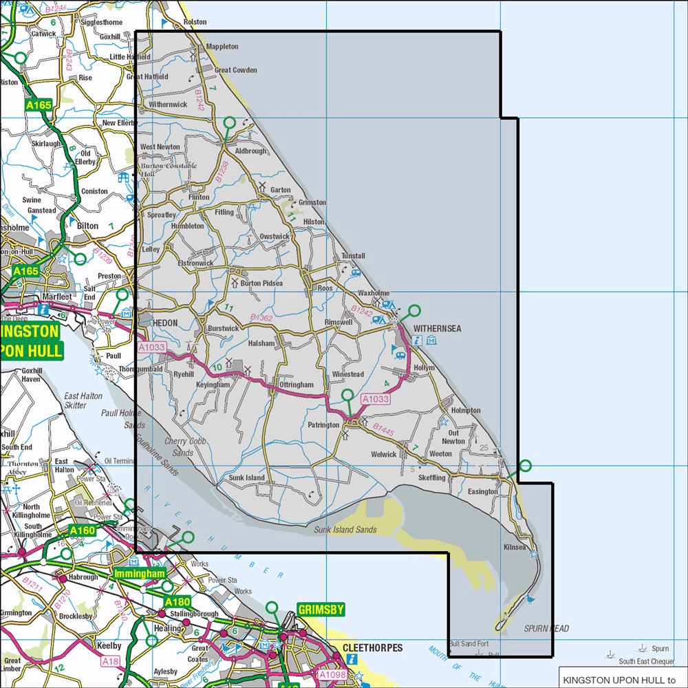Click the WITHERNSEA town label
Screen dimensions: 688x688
438,329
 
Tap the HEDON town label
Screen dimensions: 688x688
164,323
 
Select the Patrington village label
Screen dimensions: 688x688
323,425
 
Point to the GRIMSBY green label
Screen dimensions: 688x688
320,610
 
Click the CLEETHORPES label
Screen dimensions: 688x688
372,648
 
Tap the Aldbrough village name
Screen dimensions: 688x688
250,151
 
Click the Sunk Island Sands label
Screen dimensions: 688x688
345,529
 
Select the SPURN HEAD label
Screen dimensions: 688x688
546,629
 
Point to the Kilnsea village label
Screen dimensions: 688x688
515,547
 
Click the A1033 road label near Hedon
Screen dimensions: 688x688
151,348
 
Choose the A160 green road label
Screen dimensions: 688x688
83,530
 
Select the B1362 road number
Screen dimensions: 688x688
261,318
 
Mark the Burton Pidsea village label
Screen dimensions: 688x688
261,283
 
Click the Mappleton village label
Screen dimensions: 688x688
222,47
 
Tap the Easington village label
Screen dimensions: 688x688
482,492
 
